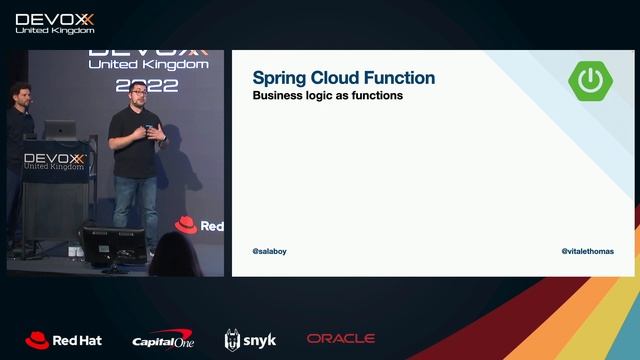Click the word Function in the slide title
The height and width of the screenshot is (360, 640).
pyautogui.click(x=400, y=78)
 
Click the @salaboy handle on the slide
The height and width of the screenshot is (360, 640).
pyautogui.click(x=270, y=252)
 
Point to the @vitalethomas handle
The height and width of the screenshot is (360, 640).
pyautogui.click(x=588, y=252)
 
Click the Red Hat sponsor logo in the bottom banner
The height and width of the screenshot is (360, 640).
pyautogui.click(x=63, y=340)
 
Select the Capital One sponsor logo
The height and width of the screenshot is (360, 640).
pyautogui.click(x=161, y=341)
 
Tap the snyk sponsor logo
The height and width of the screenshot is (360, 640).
pyautogui.click(x=250, y=340)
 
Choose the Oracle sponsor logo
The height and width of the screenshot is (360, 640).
pyautogui.click(x=341, y=340)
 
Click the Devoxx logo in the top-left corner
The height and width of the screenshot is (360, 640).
pyautogui.click(x=55, y=22)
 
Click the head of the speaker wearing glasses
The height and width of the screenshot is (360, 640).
pyautogui.click(x=137, y=96)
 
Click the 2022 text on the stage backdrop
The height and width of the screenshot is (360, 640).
pyautogui.click(x=147, y=85)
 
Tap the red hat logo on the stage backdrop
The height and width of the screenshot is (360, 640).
pyautogui.click(x=185, y=225)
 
